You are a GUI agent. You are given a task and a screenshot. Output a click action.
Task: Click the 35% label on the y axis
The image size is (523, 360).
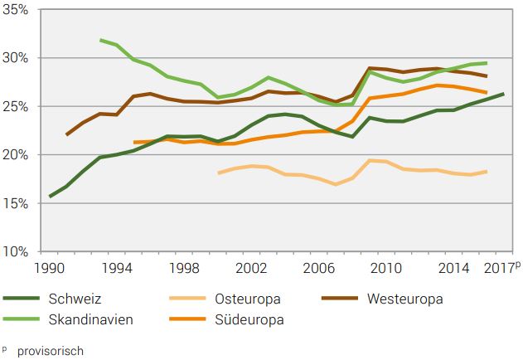click(17, 10)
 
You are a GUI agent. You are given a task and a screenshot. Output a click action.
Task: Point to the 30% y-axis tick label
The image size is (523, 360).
click(17, 58)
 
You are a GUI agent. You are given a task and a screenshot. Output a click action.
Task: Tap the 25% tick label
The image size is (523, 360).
click(17, 106)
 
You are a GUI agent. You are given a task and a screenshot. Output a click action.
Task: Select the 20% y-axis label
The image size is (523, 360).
click(17, 155)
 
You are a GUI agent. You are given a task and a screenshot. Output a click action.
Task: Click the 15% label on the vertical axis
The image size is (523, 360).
click(17, 203)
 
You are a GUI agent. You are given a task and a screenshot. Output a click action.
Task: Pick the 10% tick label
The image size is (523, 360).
click(17, 251)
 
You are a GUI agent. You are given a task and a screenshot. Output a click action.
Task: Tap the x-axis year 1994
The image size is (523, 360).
click(118, 270)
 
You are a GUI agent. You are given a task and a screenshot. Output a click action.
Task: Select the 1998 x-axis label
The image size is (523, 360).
click(183, 270)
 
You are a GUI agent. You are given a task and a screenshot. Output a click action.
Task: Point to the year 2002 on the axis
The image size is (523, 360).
click(249, 270)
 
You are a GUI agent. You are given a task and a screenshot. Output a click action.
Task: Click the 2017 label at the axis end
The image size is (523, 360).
click(496, 270)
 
